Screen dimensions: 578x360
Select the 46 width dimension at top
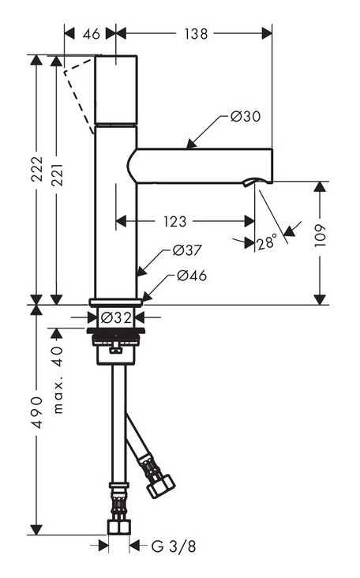click(91, 34)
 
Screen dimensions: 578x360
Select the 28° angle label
click(268, 242)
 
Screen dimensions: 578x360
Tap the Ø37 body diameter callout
click(187, 250)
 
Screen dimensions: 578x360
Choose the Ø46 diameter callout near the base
click(192, 276)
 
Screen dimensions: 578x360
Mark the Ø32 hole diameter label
click(115, 318)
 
